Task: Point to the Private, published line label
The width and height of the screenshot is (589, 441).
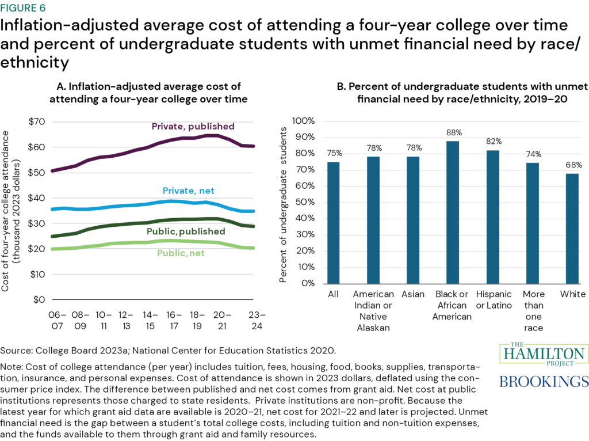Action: pos(193,126)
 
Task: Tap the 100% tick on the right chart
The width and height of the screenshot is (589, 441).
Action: pos(304,121)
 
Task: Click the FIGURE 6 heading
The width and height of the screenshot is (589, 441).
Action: pos(28,9)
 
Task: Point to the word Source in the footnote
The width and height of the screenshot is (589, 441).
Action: pos(16,350)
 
